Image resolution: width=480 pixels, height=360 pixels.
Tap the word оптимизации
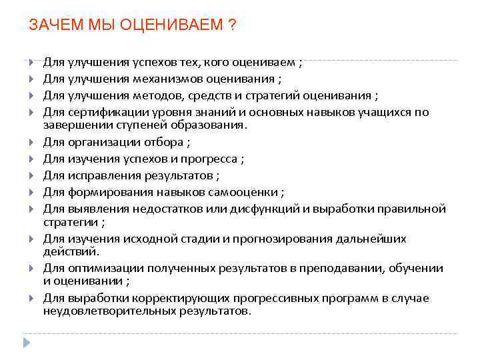[101, 268]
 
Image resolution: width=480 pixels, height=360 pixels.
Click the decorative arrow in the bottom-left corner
[27, 343]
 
